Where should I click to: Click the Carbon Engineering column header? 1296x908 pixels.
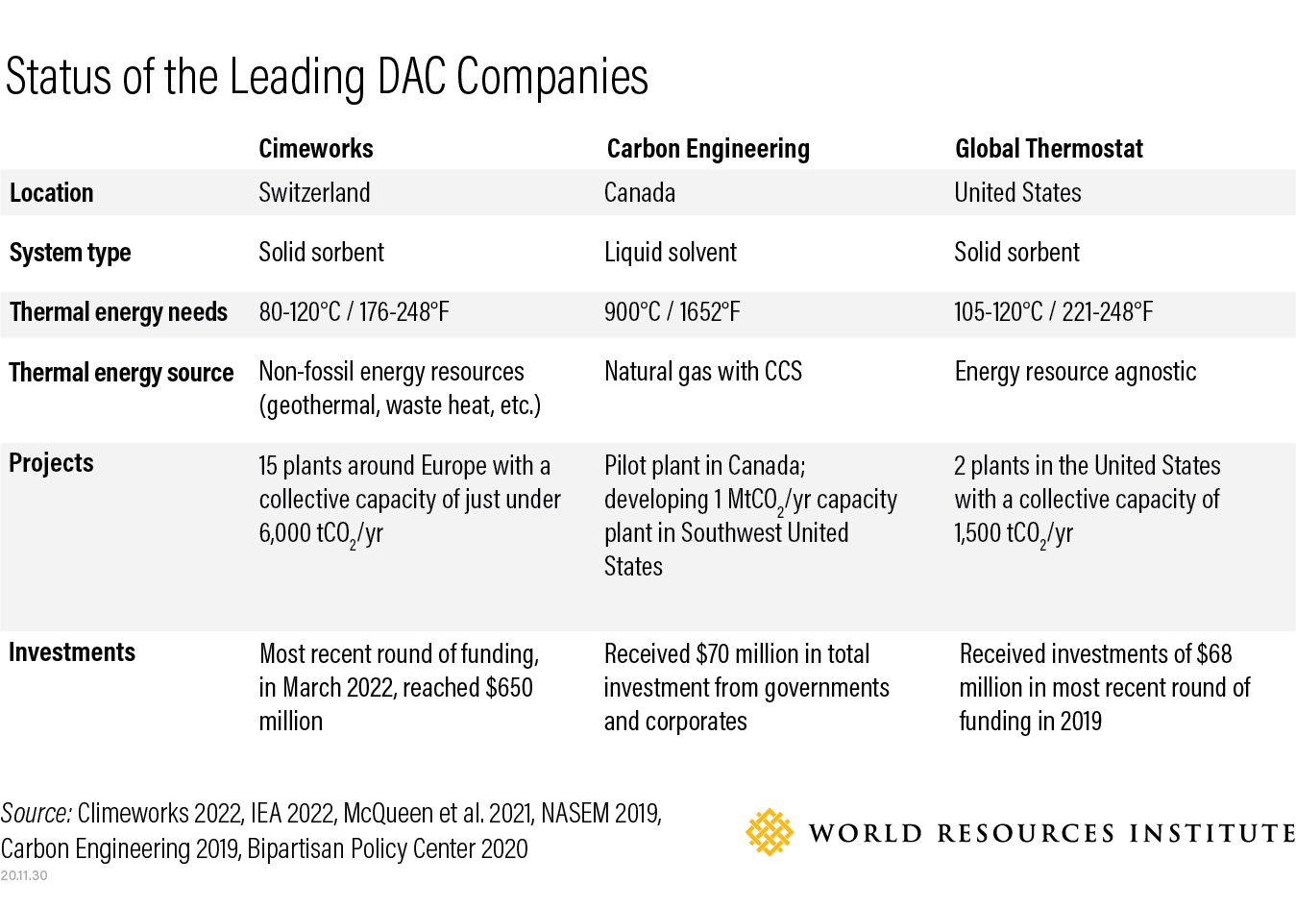(x=708, y=149)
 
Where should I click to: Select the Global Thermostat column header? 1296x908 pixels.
(x=1048, y=149)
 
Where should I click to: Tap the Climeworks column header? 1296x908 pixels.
(x=315, y=149)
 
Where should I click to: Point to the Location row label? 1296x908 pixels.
(x=52, y=193)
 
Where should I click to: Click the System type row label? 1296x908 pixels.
(x=70, y=253)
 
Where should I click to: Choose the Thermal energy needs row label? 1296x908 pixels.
(x=118, y=312)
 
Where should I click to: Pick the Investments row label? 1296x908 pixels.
(x=72, y=652)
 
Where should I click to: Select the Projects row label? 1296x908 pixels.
(x=51, y=463)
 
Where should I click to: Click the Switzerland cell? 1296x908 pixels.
(x=314, y=193)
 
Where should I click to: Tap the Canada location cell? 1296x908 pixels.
(x=639, y=193)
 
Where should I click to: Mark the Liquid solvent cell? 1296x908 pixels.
(x=670, y=253)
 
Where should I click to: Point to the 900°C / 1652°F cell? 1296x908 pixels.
(x=672, y=312)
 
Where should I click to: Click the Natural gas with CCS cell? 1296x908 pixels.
(x=702, y=372)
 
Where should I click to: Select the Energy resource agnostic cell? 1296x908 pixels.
(x=1075, y=372)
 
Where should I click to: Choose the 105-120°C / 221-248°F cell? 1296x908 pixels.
(x=1053, y=312)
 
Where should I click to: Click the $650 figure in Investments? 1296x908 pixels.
(x=509, y=688)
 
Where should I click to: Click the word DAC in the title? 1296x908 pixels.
(x=412, y=77)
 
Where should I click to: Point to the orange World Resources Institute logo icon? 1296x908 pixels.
(x=770, y=832)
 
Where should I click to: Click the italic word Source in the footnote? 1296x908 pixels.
(x=36, y=814)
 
